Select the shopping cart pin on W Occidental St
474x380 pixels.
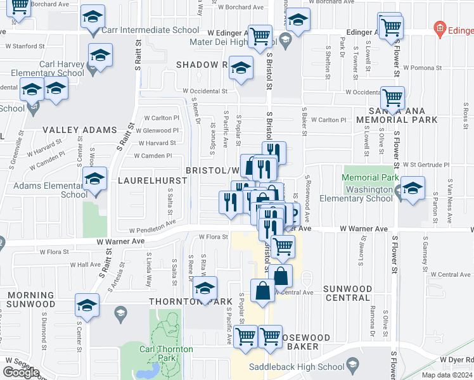pos(393,98)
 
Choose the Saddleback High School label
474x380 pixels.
pos(295,366)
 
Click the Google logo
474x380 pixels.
pos(21,372)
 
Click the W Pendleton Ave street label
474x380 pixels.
pos(153,224)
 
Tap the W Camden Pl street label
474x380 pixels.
pos(152,155)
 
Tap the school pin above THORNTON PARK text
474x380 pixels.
pos(205,288)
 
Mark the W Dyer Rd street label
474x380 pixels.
pos(461,359)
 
